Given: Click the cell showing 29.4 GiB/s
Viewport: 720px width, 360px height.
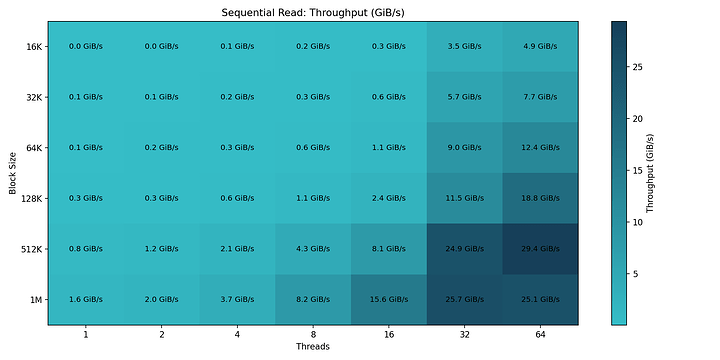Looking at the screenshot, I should (x=540, y=248).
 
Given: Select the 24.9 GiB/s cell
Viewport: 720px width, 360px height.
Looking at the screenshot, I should (x=464, y=248).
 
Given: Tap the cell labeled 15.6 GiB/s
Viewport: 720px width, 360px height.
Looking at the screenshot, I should (x=388, y=299).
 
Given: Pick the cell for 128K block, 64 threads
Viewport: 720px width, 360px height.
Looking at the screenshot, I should (x=540, y=198).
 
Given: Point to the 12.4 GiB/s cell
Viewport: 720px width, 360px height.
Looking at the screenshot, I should (x=540, y=148).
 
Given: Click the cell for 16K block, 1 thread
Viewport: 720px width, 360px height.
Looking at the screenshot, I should (x=85, y=46).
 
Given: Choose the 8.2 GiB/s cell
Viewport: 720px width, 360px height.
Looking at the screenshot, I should (x=312, y=299).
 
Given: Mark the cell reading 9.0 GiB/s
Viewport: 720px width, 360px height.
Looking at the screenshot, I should (x=464, y=148).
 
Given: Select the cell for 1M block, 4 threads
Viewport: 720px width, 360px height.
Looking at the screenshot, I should (x=237, y=299).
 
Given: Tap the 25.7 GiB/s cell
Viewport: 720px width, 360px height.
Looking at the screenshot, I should (x=464, y=299).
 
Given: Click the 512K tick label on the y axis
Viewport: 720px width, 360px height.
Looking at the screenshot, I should (x=29, y=249).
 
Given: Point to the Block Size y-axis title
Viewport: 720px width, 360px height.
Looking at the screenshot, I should (x=11, y=172).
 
